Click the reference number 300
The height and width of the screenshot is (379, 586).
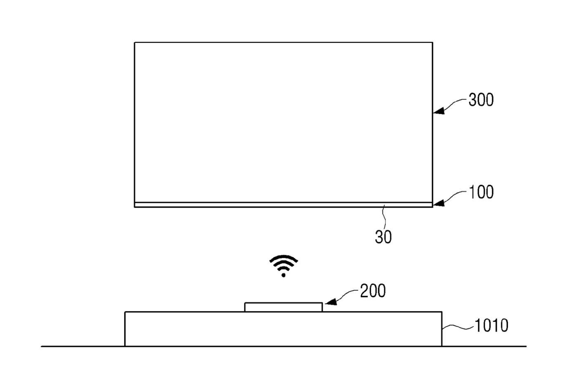coord(481,100)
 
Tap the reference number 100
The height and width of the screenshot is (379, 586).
coord(481,192)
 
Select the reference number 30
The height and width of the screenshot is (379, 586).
coord(383,237)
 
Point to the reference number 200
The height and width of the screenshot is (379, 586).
coord(373,291)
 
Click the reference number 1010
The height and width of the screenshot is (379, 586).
coord(491,326)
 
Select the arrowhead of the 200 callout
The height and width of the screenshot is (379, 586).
coord(331,302)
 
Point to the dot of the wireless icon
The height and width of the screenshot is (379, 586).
coord(284,275)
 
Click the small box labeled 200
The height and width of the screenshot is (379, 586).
coord(284,307)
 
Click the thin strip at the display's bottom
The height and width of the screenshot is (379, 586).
coord(284,205)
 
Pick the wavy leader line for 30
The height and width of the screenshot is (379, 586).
coord(384,217)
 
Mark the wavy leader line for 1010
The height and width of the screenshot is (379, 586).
coord(458,327)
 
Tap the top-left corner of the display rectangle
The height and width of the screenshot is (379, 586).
coord(135,43)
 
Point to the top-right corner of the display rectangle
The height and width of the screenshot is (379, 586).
coord(432,43)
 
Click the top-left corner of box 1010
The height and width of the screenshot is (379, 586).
coord(125,312)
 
